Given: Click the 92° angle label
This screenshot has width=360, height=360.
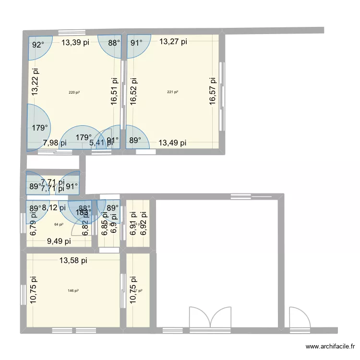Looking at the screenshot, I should (x=38, y=45).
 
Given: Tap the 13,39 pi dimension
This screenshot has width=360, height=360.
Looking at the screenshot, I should (x=75, y=42).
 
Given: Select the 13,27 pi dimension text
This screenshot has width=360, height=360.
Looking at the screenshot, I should (x=173, y=42).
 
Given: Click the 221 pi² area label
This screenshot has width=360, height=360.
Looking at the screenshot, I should (x=172, y=92).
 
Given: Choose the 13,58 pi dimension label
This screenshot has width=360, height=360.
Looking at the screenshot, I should (x=73, y=261).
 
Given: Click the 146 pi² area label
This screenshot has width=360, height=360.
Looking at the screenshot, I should (x=73, y=290).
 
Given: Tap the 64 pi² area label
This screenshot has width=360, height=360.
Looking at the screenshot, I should (x=59, y=224).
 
